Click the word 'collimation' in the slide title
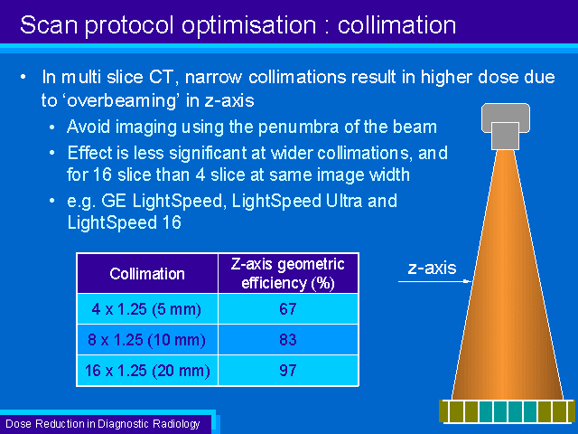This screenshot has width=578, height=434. (x=396, y=25)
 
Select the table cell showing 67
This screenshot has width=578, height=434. (x=288, y=309)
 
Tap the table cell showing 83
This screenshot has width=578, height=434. (x=288, y=340)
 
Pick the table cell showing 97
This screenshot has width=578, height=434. (x=288, y=371)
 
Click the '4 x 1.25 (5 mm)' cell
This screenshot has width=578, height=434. (x=147, y=309)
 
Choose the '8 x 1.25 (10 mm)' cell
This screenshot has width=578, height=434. (x=147, y=340)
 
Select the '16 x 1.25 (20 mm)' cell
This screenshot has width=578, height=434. (x=147, y=371)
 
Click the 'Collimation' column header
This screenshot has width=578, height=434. (x=147, y=273)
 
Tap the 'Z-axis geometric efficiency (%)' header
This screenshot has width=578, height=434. (x=288, y=273)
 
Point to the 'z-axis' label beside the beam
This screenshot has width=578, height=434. (x=432, y=268)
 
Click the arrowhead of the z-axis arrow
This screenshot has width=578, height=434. (x=468, y=281)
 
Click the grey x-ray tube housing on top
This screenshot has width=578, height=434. (x=506, y=127)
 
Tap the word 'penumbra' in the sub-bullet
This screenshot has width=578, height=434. (x=298, y=127)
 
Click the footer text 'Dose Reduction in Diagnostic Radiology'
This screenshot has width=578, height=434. (x=103, y=424)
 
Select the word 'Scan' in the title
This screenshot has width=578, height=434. (x=49, y=25)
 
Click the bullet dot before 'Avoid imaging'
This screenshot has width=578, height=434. (x=52, y=127)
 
